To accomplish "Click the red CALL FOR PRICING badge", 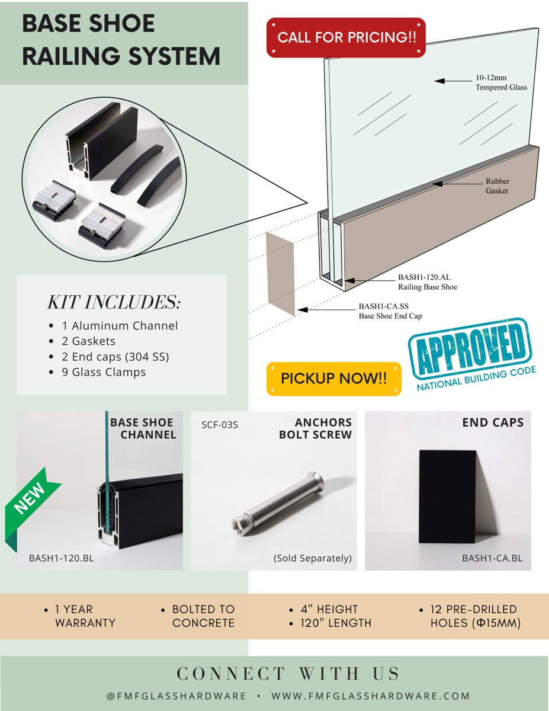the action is pos(346,37).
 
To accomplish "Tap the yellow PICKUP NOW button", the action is pos(334,379).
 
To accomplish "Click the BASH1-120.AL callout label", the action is pos(428,281).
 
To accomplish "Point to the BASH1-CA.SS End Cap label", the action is pos(390,311).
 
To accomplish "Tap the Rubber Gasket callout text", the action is pos(497,186).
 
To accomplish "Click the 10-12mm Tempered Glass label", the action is pos(501,82).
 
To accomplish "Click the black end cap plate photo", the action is pos(448,497).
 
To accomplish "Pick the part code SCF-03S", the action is pos(220,425).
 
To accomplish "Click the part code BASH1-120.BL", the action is pos(62,558).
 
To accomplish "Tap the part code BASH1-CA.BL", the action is pos(492,558).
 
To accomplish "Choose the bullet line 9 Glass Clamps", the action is pos(104,372).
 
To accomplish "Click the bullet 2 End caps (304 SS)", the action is pos(115,357).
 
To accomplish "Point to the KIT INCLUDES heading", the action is pos(114,302).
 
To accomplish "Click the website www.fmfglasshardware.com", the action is pos(371,696).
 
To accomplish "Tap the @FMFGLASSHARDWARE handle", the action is pos(176,696).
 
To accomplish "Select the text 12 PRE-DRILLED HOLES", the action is pos(475,616).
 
